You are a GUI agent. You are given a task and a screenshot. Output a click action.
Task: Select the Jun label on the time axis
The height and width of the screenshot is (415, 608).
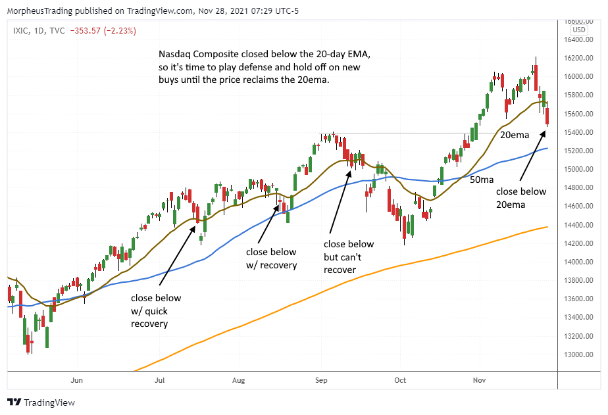(76, 380)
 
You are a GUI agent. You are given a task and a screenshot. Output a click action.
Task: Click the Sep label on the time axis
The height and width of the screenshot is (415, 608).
(321, 380)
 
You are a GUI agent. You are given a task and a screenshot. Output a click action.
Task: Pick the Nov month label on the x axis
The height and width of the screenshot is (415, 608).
(479, 380)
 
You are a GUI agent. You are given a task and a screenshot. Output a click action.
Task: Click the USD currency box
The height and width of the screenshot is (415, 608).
(579, 30)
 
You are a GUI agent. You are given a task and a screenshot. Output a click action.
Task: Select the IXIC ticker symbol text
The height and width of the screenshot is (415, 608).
(20, 30)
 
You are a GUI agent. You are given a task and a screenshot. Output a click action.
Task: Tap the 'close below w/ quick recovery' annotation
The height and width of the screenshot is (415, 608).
(155, 311)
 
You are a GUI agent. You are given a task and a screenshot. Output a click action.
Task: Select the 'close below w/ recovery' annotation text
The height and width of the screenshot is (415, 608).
(271, 258)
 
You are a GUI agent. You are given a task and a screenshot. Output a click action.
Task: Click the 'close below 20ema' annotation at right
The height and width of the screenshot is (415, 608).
(521, 198)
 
